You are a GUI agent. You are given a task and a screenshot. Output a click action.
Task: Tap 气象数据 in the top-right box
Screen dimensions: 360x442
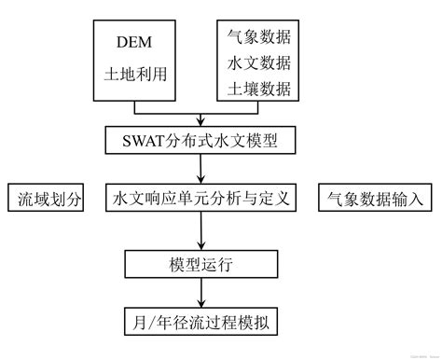[258, 37]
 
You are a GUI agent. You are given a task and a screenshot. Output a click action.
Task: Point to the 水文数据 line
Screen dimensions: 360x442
[258, 63]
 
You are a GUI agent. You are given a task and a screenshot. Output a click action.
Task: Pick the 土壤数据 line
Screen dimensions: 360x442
[258, 90]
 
